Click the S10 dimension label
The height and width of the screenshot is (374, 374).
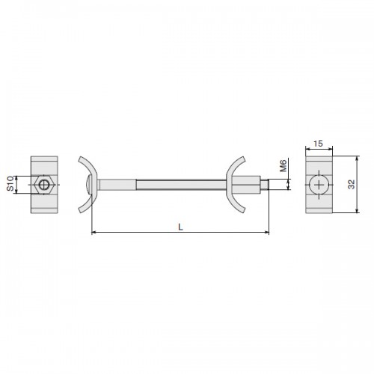[x=10, y=183]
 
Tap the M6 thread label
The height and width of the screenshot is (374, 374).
[x=283, y=166]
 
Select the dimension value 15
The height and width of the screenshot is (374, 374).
[x=318, y=144]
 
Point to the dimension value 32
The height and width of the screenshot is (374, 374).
[x=352, y=185]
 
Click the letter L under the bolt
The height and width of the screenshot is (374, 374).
[x=181, y=227]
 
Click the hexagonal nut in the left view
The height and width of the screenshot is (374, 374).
[x=44, y=185]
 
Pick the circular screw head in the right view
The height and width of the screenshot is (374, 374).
[x=319, y=185]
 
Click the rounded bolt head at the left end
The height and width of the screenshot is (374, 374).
[x=88, y=185]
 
